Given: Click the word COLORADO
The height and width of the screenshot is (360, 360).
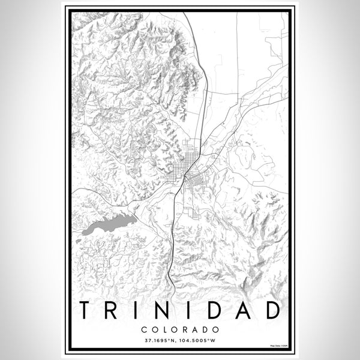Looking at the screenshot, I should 180,329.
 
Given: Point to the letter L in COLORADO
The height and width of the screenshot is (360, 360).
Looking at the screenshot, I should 165,329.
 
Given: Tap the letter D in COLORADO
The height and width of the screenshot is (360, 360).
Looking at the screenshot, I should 206,329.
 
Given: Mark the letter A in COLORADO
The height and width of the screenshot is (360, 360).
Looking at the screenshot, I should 196,329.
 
